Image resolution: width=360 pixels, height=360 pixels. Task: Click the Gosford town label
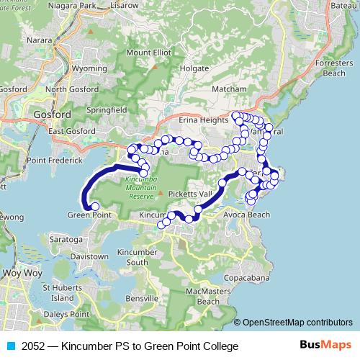click(x=52, y=114)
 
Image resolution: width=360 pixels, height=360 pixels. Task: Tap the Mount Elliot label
click(x=148, y=53)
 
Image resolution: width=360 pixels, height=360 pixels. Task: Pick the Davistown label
click(x=89, y=256)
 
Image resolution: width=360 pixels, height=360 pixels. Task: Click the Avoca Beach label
click(x=246, y=215)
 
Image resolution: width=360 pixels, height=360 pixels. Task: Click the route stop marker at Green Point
click(x=95, y=207)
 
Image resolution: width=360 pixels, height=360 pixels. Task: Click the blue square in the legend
click(x=9, y=347)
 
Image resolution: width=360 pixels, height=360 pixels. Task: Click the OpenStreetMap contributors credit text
click(x=297, y=322)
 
